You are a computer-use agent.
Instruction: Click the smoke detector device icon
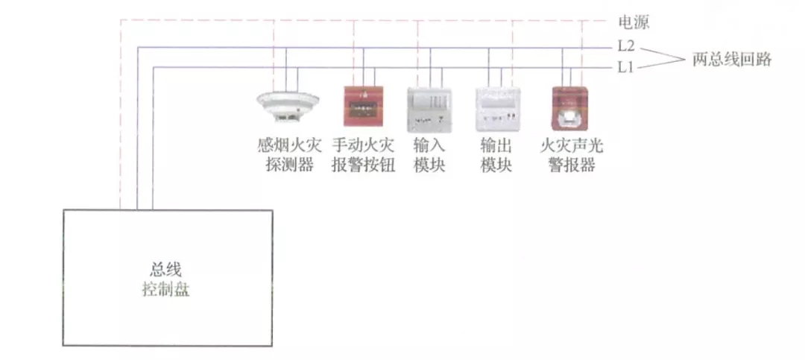click(x=287, y=107)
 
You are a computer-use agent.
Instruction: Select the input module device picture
click(x=429, y=107)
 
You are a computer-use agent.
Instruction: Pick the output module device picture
click(x=496, y=107)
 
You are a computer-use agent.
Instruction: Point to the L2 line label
click(x=625, y=47)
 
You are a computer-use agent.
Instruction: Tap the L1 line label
click(x=625, y=67)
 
